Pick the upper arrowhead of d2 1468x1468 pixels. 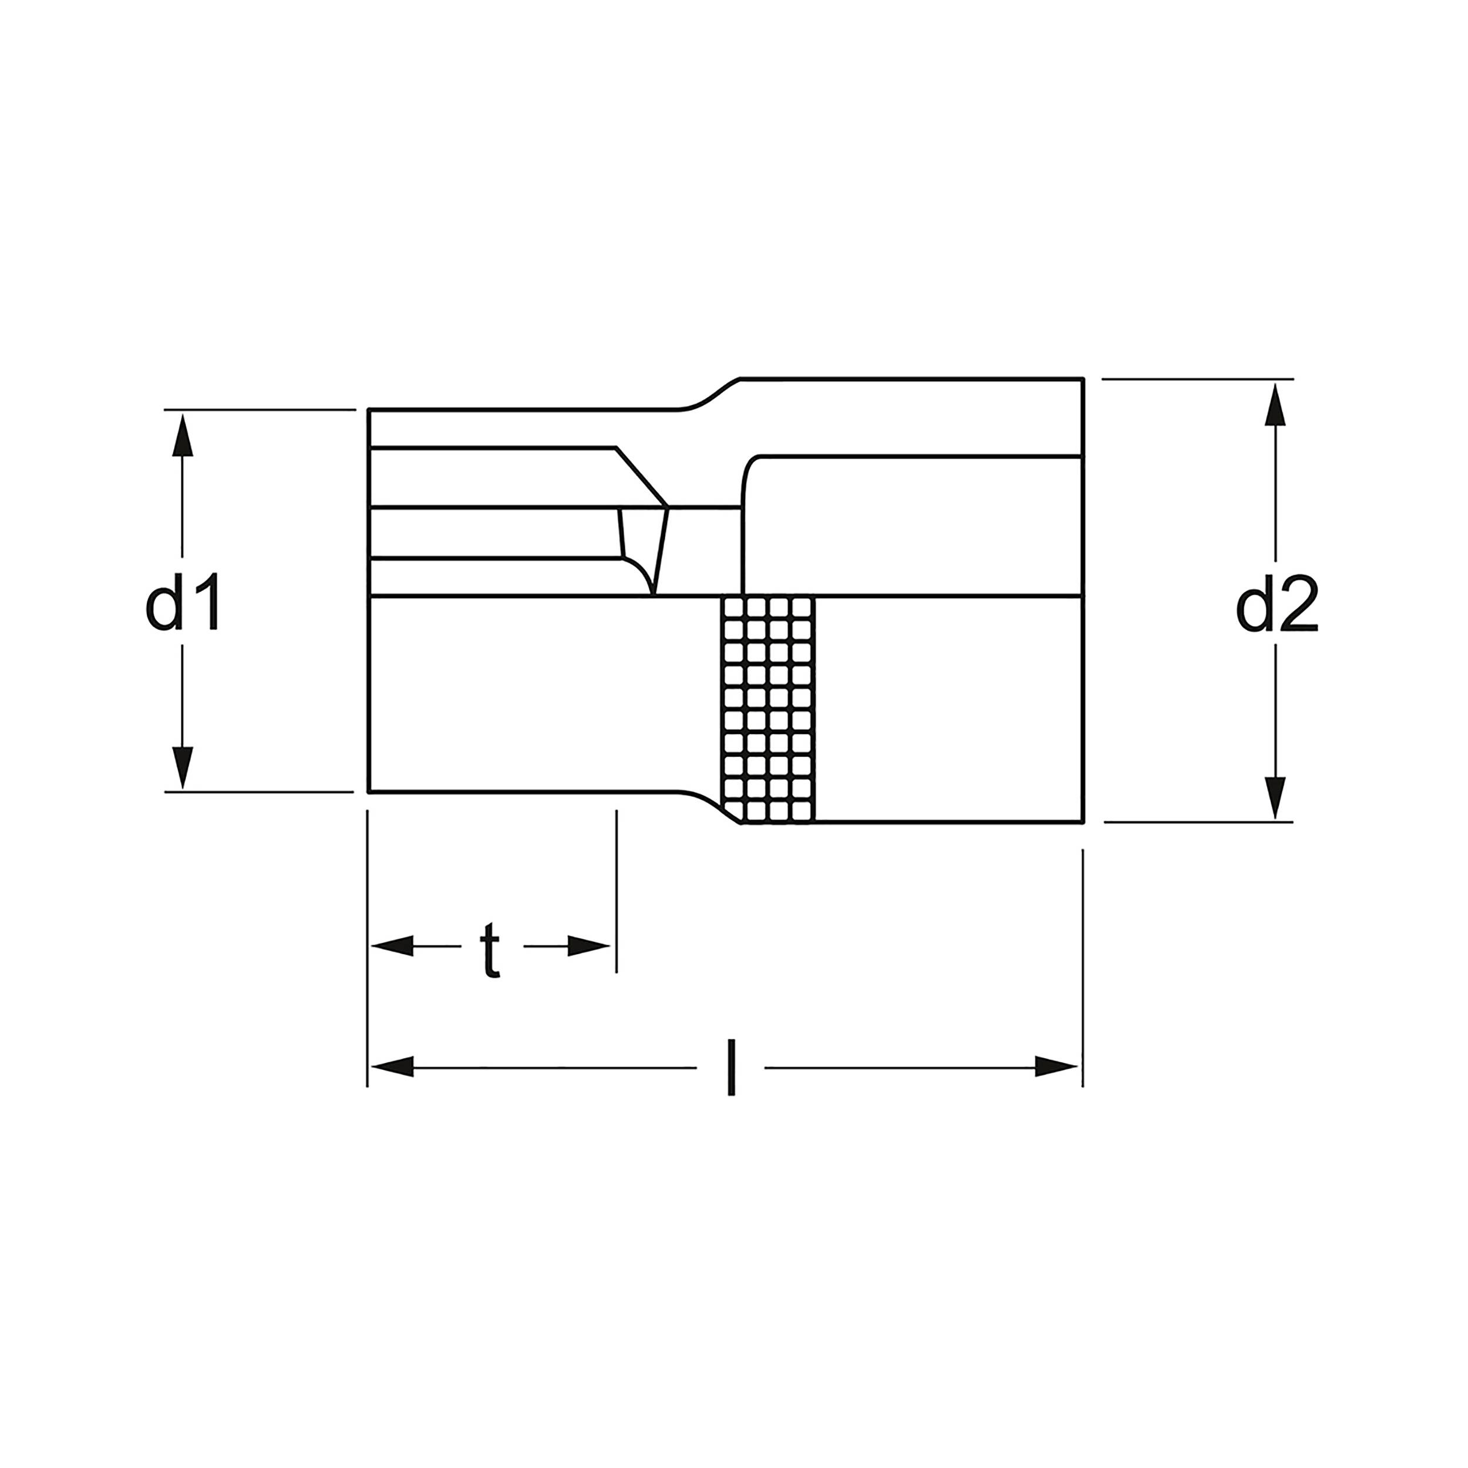point(1276,404)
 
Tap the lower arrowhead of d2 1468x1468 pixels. point(1276,797)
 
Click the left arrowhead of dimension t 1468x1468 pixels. point(392,946)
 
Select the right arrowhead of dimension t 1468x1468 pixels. point(590,946)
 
